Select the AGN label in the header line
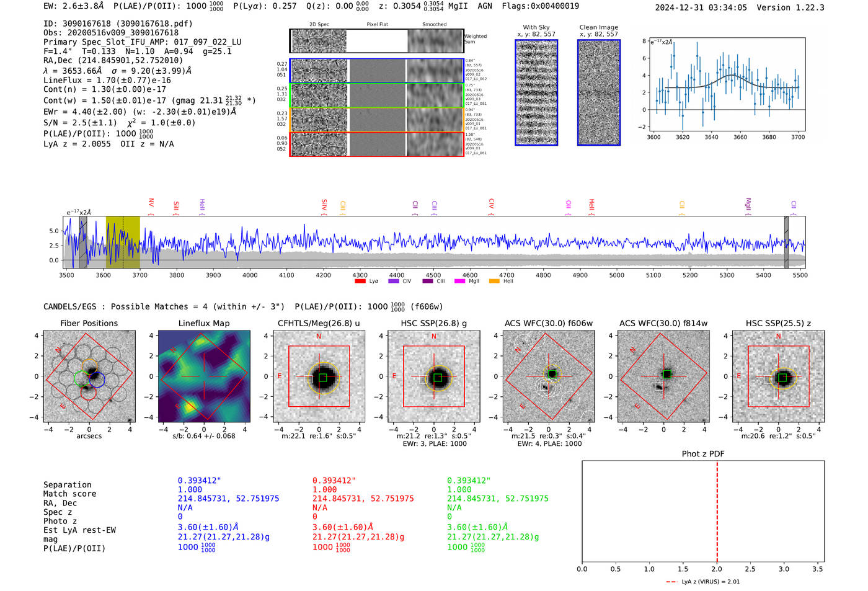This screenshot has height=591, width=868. [485, 6]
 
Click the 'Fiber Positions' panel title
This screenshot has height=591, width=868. [89, 323]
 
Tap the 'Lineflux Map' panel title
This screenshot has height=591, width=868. [204, 323]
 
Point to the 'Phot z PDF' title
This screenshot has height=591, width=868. [703, 454]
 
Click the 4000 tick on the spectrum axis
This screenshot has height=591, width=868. [250, 275]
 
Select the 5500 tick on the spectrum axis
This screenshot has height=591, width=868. [800, 275]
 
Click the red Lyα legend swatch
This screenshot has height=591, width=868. [360, 282]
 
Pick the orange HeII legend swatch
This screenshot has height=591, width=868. [494, 282]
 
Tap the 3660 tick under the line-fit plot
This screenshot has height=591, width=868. [740, 137]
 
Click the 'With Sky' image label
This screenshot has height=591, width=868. [536, 27]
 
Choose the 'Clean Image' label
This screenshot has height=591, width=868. [598, 27]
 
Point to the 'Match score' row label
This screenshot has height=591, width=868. [69, 494]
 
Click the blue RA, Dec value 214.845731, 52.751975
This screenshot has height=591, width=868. [228, 499]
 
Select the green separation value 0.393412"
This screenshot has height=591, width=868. [468, 481]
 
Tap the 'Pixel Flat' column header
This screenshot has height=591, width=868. [377, 25]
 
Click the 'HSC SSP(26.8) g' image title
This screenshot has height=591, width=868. [433, 323]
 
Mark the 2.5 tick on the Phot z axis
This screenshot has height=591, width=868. [750, 569]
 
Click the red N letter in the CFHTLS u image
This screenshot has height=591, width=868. [319, 337]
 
